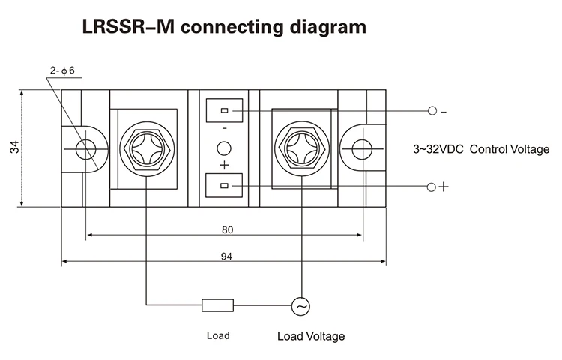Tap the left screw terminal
click(x=146, y=148)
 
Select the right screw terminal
click(x=303, y=148)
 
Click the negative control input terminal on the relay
click(x=224, y=111)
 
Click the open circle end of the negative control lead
click(x=432, y=111)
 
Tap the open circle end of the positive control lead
click(x=432, y=186)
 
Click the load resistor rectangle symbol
click(x=217, y=304)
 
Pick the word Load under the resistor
click(x=218, y=335)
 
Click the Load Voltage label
click(x=311, y=336)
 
